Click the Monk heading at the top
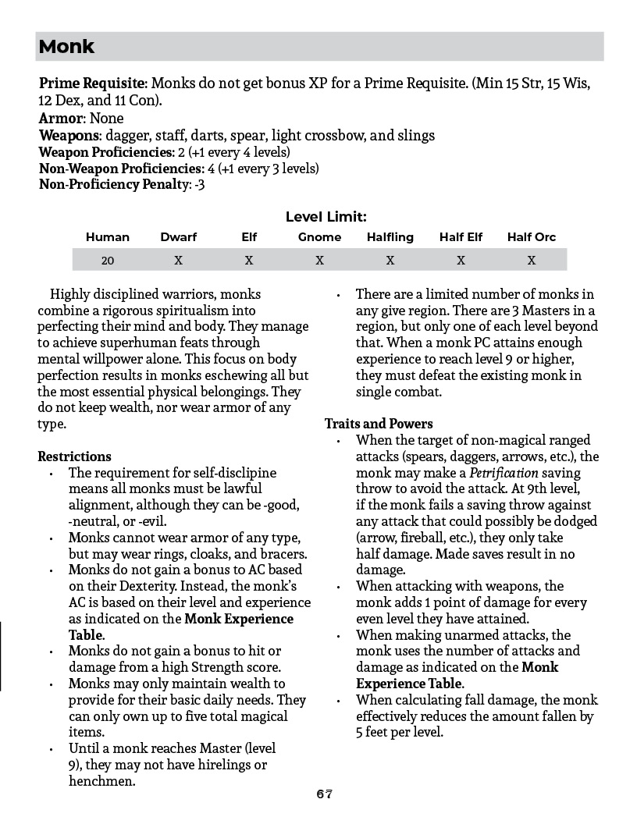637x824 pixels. click(66, 47)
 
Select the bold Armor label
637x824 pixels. click(61, 119)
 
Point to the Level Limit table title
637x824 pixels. click(326, 217)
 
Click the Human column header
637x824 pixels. click(108, 237)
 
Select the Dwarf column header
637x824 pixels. click(178, 237)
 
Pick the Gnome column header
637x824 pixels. click(319, 237)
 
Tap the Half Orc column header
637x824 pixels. click(531, 237)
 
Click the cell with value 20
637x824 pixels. click(108, 261)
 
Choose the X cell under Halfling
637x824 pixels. click(390, 261)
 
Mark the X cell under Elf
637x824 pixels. click(248, 261)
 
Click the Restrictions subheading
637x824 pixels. click(74, 456)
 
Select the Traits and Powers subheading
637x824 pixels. click(379, 424)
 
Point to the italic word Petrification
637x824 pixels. click(504, 473)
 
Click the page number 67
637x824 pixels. click(325, 794)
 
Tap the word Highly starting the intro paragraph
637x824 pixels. click(69, 294)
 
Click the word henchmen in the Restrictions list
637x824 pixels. click(101, 780)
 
